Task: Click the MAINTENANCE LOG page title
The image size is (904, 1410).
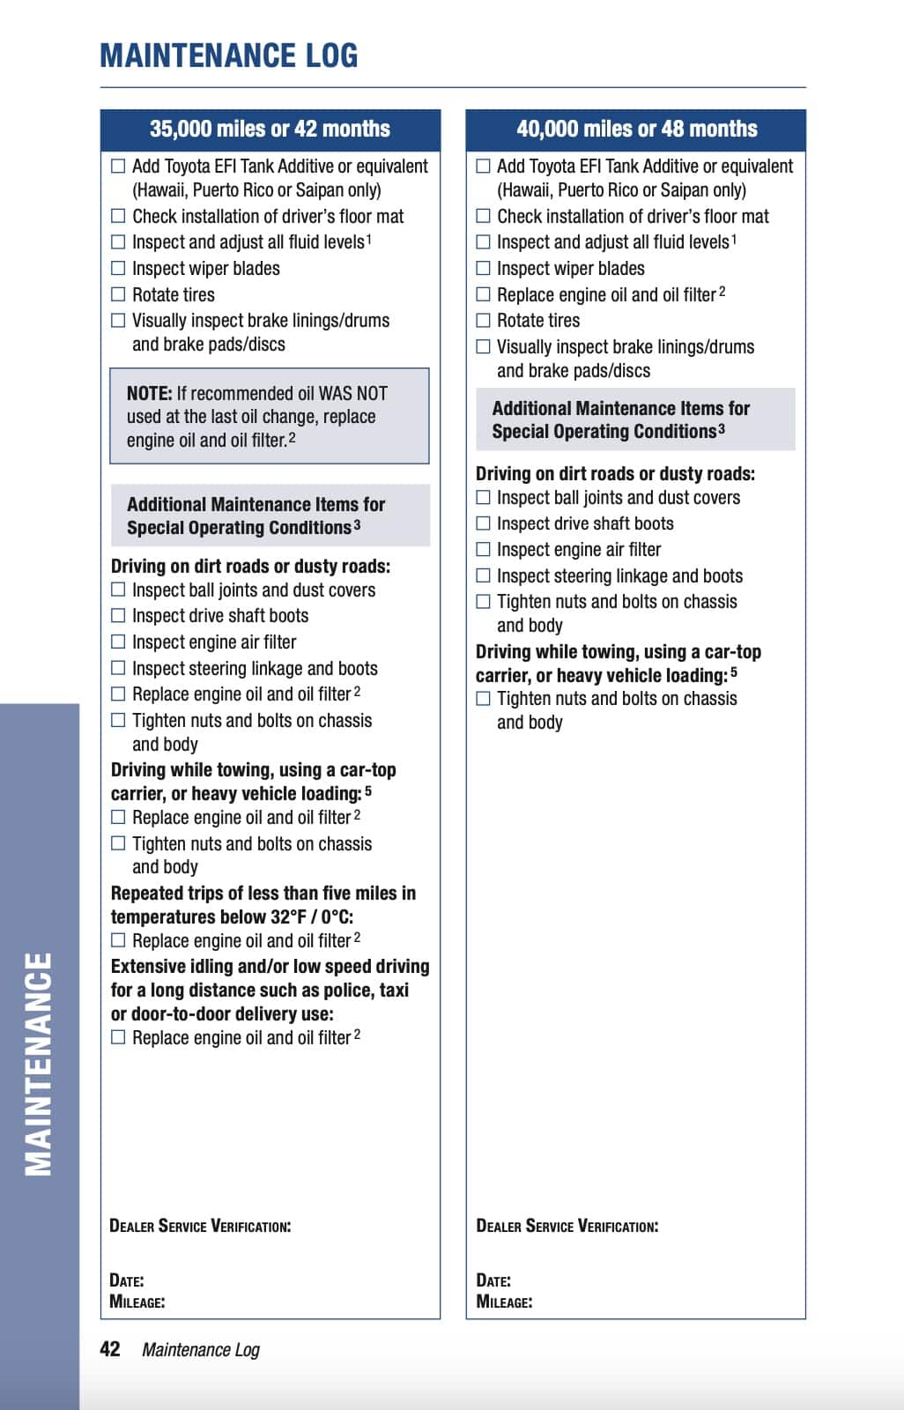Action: pyautogui.click(x=229, y=56)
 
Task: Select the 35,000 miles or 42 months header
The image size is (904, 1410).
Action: pyautogui.click(x=270, y=129)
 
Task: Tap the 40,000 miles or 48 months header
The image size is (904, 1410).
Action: pyautogui.click(x=636, y=129)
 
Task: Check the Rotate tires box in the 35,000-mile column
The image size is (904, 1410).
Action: pyautogui.click(x=118, y=294)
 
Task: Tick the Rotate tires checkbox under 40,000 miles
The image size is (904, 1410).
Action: pyautogui.click(x=483, y=320)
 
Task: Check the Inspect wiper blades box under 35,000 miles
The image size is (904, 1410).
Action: pyautogui.click(x=118, y=268)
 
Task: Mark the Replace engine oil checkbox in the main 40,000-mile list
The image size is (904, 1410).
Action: pyautogui.click(x=483, y=294)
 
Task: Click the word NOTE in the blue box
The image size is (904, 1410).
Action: pyautogui.click(x=149, y=393)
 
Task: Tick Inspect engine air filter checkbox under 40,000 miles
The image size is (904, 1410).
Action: pyautogui.click(x=483, y=549)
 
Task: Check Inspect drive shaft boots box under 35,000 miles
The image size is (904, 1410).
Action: pyautogui.click(x=118, y=615)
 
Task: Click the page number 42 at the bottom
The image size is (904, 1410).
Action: pyautogui.click(x=110, y=1349)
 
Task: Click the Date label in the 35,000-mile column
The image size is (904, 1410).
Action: pyautogui.click(x=127, y=1280)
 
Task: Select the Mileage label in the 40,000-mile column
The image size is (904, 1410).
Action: pyautogui.click(x=504, y=1302)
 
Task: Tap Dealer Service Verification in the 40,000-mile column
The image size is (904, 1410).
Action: pyautogui.click(x=567, y=1226)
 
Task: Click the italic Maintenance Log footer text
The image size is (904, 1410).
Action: pyautogui.click(x=201, y=1349)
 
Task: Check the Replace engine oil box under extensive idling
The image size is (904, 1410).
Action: pyautogui.click(x=118, y=1037)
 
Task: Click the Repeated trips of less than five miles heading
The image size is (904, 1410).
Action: pyautogui.click(x=263, y=893)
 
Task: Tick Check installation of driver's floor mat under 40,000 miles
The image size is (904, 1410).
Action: pyautogui.click(x=483, y=216)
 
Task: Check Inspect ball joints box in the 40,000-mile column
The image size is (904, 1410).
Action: pyautogui.click(x=483, y=497)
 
